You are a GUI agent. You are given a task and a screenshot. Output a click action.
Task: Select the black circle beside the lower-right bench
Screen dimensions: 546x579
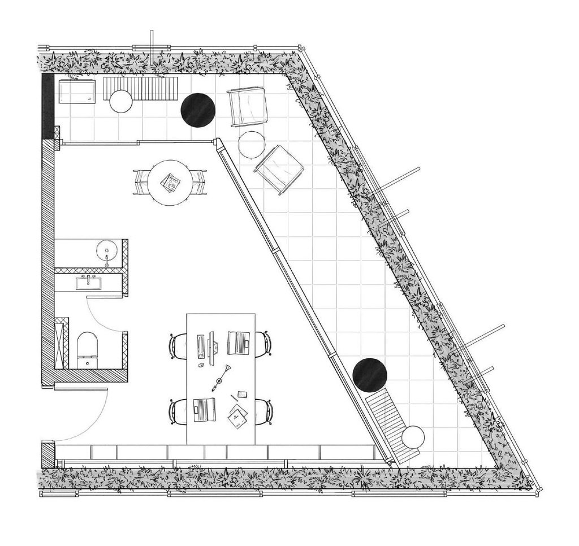click(370, 374)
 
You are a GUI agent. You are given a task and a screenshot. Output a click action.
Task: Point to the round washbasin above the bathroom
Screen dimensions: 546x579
click(106, 250)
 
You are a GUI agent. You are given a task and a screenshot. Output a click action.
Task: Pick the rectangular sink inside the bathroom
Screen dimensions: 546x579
click(89, 282)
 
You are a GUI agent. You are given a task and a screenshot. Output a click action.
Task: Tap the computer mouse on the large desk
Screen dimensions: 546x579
click(201, 366)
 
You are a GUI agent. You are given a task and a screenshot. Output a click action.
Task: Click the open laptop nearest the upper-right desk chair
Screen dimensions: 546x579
click(238, 343)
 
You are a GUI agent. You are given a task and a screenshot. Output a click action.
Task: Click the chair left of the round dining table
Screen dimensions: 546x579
click(141, 182)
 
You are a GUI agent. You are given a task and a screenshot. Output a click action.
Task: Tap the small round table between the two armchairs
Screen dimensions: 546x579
click(252, 145)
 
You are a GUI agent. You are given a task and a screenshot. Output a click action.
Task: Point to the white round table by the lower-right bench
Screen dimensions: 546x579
click(413, 438)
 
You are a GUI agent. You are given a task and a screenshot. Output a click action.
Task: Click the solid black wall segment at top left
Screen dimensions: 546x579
click(47, 107)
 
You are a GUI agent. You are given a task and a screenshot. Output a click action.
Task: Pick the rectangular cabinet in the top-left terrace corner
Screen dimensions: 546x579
click(78, 92)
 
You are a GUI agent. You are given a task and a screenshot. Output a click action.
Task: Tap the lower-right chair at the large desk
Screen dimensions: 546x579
click(264, 411)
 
